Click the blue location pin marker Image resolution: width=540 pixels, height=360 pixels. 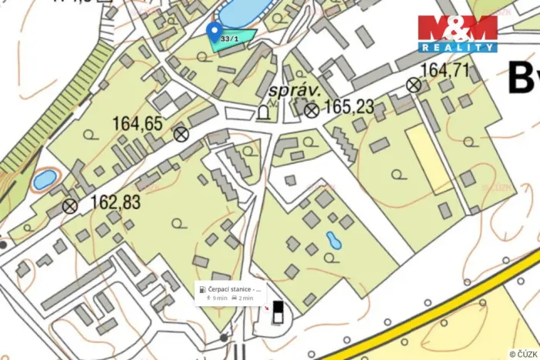(x=215, y=31)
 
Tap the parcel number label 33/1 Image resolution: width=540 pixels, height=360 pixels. (x=228, y=38)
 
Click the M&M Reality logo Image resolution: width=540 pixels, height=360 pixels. (x=458, y=33)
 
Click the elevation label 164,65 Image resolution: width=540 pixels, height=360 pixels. (x=138, y=123)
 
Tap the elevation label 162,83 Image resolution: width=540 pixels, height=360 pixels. (x=115, y=202)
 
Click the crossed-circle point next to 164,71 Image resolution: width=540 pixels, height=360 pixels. (x=414, y=85)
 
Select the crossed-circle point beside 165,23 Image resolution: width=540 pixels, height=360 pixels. (x=311, y=111)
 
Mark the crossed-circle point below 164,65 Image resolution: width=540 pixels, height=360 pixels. (x=181, y=135)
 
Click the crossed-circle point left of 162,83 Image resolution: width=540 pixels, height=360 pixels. (x=70, y=205)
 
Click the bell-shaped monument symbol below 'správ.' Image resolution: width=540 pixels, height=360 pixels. (x=264, y=113)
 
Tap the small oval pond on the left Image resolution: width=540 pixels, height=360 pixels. (x=43, y=180)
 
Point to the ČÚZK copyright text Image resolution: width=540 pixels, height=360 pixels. (x=522, y=354)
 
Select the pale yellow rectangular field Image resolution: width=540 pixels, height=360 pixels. (x=429, y=158)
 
